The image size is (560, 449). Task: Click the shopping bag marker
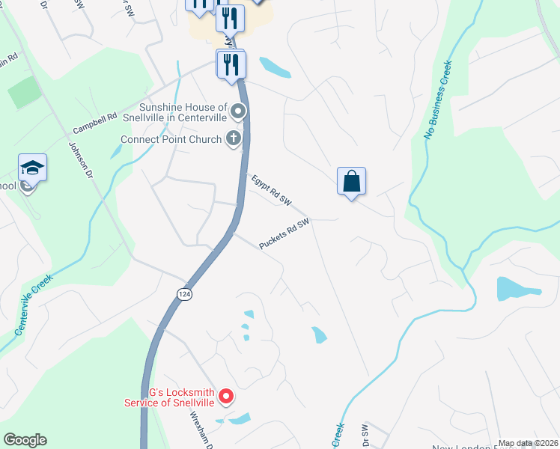point(351,182)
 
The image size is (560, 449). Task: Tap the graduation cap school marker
point(33,168)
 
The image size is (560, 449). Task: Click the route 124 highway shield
point(183,294)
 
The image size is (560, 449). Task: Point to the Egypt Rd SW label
point(271,190)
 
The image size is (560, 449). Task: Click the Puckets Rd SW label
point(284,234)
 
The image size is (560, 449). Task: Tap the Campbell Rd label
point(96,123)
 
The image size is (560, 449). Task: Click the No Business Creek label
point(439,100)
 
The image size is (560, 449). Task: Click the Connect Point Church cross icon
point(234,138)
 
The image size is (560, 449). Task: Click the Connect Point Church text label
point(171,139)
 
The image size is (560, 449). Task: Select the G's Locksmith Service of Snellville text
point(170,397)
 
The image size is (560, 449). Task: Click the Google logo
point(25,440)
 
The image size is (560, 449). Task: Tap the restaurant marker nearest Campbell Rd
point(231,64)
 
